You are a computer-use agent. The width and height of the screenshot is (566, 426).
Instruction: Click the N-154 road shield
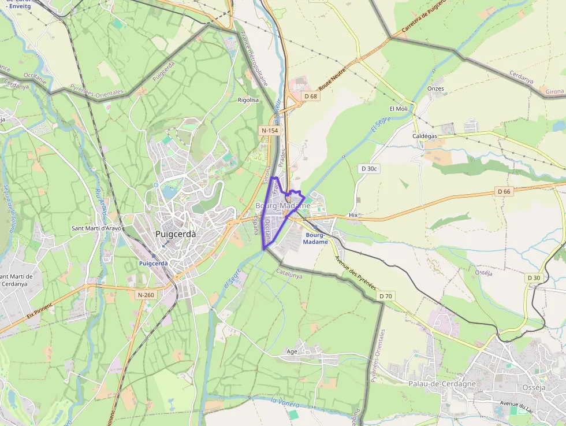(x=270, y=131)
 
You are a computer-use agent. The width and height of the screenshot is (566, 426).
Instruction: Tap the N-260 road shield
(x=146, y=295)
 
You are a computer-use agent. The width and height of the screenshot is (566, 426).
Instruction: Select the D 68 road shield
(x=311, y=96)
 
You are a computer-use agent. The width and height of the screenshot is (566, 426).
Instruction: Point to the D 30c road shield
(x=369, y=169)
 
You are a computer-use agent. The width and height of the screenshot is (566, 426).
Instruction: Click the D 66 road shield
(x=504, y=191)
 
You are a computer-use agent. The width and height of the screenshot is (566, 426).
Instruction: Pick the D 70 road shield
(x=386, y=297)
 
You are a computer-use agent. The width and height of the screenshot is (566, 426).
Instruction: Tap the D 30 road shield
(x=534, y=278)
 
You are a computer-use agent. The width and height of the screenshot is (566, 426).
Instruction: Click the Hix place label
(x=353, y=214)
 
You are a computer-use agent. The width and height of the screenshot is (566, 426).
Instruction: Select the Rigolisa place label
(x=248, y=100)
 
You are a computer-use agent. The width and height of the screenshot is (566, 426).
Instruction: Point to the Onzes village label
(x=435, y=88)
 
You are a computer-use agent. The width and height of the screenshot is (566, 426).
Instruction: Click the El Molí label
(x=399, y=109)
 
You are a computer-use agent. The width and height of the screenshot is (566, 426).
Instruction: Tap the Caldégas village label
(x=425, y=135)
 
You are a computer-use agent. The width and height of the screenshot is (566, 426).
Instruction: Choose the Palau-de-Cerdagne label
(x=434, y=384)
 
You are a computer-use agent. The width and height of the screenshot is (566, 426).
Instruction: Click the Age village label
(x=292, y=351)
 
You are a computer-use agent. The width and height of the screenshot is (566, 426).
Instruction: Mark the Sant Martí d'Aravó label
(x=96, y=228)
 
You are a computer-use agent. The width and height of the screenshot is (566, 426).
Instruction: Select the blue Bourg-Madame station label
(x=315, y=239)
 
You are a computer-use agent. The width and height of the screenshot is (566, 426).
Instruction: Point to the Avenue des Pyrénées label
(x=355, y=273)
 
